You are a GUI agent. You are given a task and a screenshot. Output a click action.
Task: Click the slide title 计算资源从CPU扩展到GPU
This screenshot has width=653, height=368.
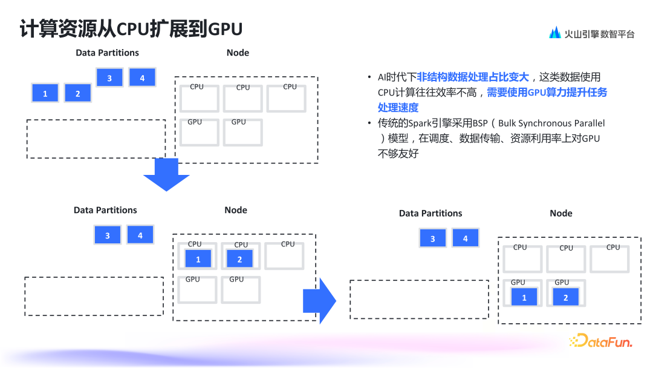point(131,29)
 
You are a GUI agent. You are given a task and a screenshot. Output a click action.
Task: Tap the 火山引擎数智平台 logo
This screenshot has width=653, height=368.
point(591,34)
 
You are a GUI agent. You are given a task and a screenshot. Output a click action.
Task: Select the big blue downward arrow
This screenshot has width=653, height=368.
point(166,175)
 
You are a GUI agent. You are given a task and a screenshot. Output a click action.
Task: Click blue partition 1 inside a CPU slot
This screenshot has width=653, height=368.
point(198,259)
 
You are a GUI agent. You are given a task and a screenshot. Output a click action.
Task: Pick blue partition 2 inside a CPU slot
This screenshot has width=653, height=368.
point(239,259)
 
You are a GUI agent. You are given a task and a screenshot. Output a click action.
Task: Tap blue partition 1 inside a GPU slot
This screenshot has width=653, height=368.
point(524,297)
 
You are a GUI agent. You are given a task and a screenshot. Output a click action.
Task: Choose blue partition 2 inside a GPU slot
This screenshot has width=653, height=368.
point(566,297)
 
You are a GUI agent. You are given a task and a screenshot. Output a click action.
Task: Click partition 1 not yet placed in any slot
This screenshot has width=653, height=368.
point(45,93)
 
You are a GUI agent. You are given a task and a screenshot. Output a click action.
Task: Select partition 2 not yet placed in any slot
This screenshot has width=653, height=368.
point(77,93)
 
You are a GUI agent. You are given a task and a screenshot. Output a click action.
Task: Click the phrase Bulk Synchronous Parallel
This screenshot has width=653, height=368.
point(551,123)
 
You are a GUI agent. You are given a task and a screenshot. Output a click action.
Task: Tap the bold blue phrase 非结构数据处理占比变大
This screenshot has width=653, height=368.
point(473,77)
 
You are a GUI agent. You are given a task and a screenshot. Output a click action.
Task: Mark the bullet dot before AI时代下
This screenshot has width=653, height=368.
point(369,77)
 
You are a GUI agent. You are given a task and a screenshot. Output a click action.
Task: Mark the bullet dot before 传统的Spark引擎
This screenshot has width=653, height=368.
point(369,123)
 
